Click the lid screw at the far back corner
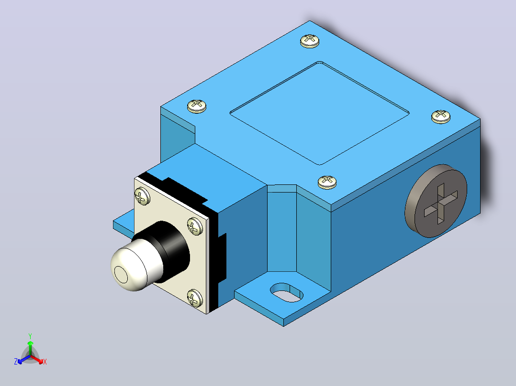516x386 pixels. tap(310, 41)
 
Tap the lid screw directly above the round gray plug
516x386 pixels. tap(441, 117)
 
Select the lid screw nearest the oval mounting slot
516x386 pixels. tap(327, 182)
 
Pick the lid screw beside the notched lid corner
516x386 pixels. tap(197, 106)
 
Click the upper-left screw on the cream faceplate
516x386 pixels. tap(142, 196)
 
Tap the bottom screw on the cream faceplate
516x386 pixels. tap(195, 298)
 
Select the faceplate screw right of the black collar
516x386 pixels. tap(195, 226)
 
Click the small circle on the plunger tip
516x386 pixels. tap(121, 275)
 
